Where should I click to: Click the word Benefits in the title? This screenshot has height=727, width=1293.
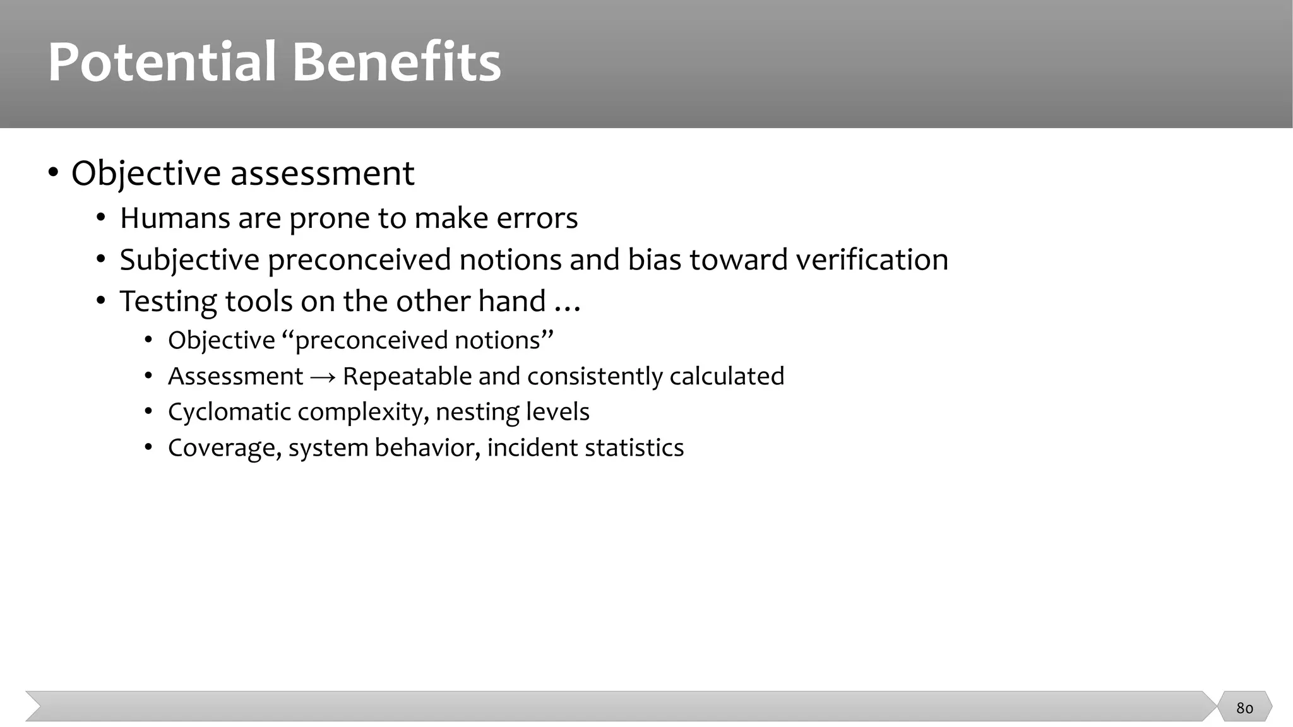tap(396, 62)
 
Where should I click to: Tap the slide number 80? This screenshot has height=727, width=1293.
tap(1244, 708)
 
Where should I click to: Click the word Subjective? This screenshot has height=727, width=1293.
tap(189, 260)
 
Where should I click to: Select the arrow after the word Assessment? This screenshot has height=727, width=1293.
tap(323, 377)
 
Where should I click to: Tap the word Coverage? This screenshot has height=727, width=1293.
tap(224, 448)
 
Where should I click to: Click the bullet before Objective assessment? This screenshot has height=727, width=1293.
tap(54, 173)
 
